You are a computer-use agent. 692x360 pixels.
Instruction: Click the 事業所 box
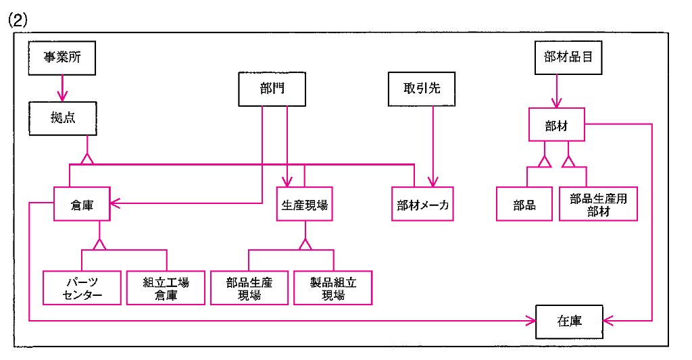(x=62, y=58)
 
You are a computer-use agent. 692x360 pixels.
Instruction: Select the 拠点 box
(x=63, y=118)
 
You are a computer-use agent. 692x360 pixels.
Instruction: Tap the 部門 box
(x=272, y=89)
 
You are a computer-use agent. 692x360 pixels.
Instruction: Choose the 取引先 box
(x=422, y=89)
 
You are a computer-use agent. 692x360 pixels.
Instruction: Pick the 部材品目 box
(x=568, y=58)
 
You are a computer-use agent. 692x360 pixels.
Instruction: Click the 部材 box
(x=557, y=125)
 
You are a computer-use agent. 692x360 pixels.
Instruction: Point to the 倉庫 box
(x=82, y=204)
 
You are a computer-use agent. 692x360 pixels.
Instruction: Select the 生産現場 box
(x=305, y=204)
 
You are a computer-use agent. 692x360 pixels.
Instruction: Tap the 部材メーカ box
(x=422, y=204)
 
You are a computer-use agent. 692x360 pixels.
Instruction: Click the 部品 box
(x=524, y=204)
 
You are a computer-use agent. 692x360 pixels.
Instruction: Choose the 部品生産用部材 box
(x=598, y=204)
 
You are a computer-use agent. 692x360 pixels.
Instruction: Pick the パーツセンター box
(x=82, y=288)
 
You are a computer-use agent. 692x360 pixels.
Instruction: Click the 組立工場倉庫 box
(x=166, y=288)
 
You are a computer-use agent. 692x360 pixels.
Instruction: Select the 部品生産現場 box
(x=249, y=288)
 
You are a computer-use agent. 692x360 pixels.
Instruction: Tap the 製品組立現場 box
(x=333, y=288)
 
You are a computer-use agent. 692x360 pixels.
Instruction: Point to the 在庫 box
(x=569, y=322)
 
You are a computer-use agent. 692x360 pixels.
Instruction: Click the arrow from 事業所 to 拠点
(x=62, y=88)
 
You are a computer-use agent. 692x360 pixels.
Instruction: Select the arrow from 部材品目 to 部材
(x=557, y=91)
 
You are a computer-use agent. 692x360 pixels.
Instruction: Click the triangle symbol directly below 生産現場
(x=305, y=244)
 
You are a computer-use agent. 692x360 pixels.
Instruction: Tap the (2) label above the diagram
(x=18, y=20)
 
